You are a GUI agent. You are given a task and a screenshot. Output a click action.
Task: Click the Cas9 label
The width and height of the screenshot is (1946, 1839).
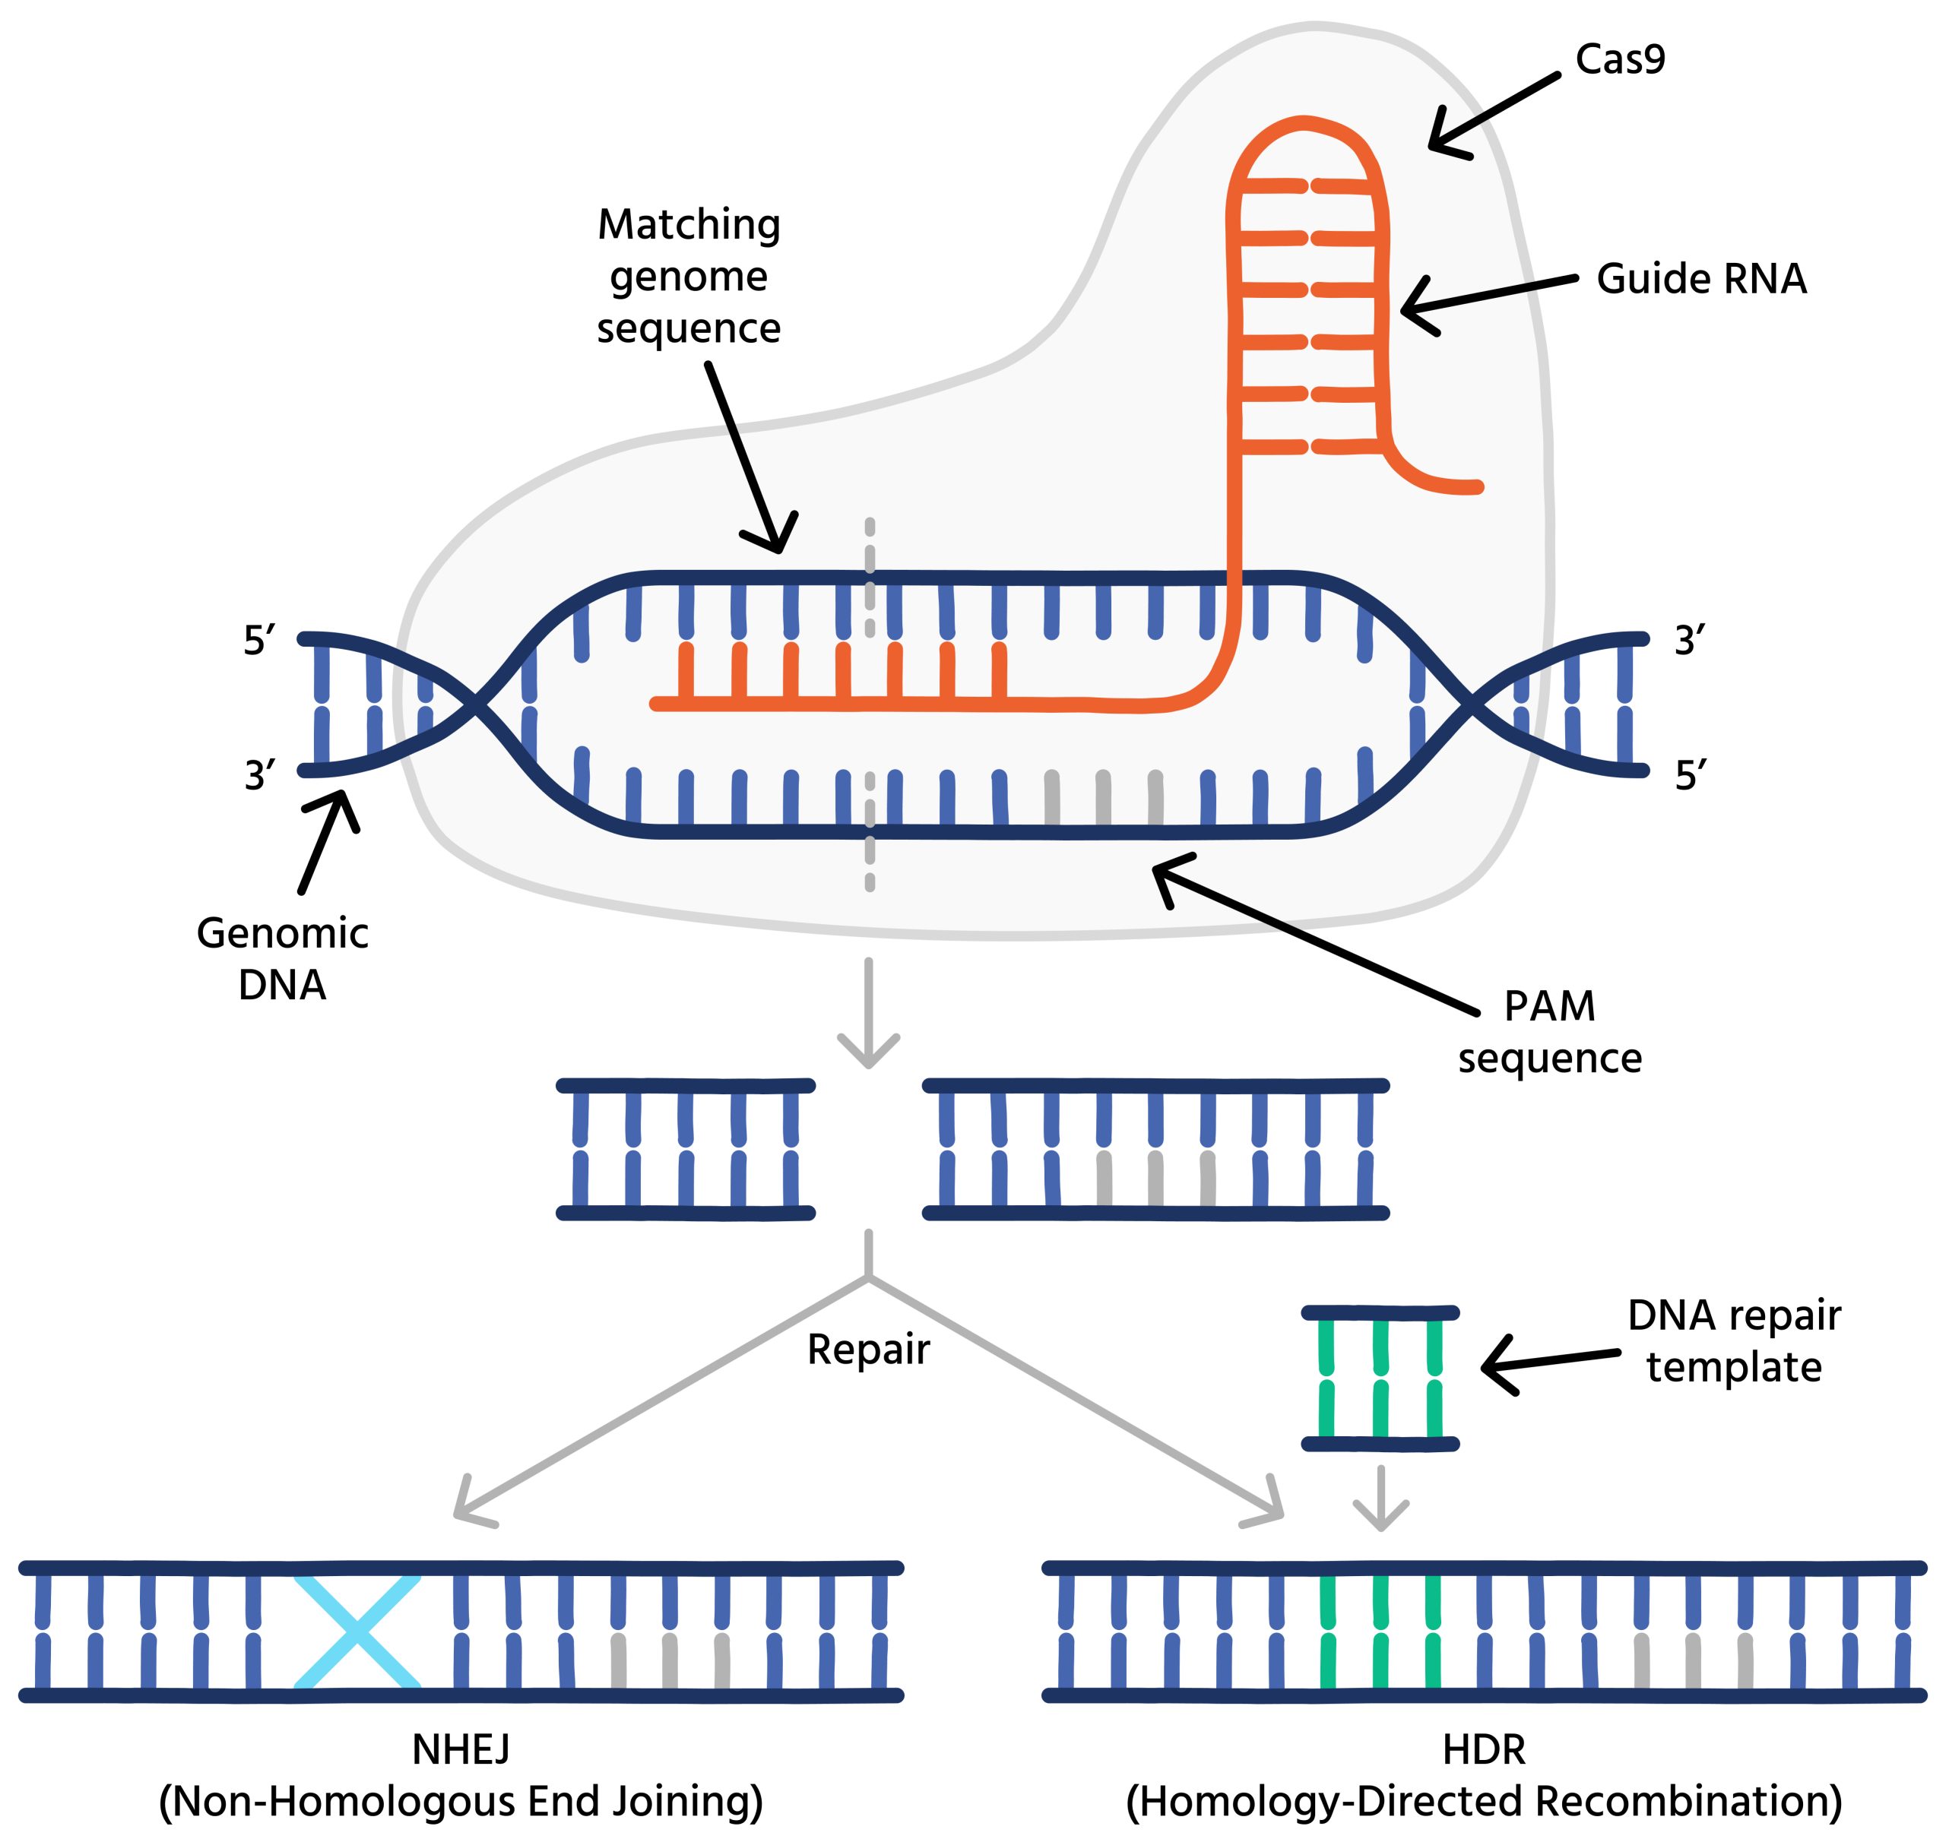pos(1620,61)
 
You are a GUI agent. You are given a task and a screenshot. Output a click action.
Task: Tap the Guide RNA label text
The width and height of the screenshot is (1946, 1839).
pos(1701,280)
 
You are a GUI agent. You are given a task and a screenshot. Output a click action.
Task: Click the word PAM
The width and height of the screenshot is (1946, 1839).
pos(1549,1007)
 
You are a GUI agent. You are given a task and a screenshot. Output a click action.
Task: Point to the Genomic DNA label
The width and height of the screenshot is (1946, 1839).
pos(282,959)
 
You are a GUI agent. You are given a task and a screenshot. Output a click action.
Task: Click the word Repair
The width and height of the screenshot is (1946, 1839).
pos(867,1350)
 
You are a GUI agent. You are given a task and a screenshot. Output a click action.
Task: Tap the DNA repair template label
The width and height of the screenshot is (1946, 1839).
pos(1733,1341)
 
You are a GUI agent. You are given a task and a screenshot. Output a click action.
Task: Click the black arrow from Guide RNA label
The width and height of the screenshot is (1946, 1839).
pos(1485,297)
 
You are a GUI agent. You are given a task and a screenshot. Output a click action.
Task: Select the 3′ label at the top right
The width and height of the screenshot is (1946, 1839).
pos(1689,642)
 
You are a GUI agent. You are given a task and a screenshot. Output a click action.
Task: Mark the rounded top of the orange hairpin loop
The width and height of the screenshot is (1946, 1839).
pos(1304,125)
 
